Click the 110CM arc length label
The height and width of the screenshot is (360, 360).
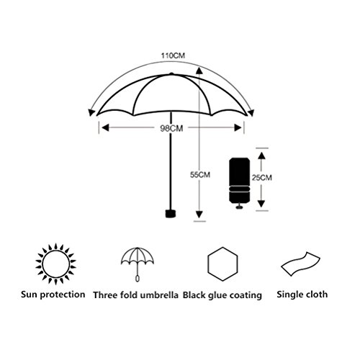click(173, 55)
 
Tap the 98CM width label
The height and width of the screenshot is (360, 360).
click(171, 128)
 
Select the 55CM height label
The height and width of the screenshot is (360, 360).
click(200, 175)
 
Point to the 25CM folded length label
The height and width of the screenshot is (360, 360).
click(262, 178)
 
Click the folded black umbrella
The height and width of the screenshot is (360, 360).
click(239, 183)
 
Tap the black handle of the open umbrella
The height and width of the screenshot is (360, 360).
click(171, 214)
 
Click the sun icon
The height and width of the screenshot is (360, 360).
click(55, 264)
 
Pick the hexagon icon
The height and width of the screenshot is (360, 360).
click(222, 264)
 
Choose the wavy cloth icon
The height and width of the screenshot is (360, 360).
click(300, 264)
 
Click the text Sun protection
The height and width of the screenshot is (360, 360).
click(53, 294)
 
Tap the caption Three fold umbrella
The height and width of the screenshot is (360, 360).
click(136, 295)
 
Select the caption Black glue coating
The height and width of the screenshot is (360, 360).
click(222, 295)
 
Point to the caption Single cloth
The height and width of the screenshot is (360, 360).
click(302, 294)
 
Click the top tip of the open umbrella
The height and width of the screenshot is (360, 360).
click(171, 73)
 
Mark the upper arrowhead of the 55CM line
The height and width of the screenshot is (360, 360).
click(199, 70)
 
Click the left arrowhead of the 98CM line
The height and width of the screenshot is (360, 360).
click(105, 128)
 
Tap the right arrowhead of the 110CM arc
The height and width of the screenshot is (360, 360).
click(251, 113)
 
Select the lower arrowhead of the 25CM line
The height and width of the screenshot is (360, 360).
click(261, 204)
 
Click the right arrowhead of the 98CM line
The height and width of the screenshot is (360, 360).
click(238, 128)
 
